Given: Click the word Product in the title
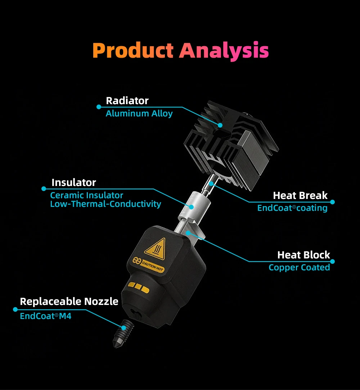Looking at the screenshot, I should (133, 51).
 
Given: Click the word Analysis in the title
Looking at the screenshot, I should (224, 51).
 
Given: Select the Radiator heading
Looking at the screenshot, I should (127, 101).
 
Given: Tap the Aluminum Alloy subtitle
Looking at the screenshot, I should (139, 114).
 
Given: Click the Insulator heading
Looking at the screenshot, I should (74, 182).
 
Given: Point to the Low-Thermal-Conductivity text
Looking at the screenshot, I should (105, 204).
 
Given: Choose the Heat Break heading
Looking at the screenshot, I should (300, 196).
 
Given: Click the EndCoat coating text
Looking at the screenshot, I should (292, 208).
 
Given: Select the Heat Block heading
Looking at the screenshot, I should (303, 255).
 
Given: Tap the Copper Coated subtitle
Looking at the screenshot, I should (299, 267).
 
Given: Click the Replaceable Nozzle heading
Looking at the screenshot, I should (69, 301).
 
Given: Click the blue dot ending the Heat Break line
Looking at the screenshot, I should (332, 202).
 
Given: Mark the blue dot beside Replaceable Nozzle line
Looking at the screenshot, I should (15, 309).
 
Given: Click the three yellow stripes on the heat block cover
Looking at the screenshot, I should (139, 287).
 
